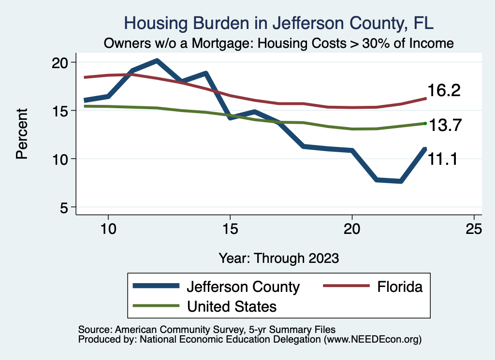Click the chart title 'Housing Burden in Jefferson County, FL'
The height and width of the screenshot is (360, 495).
click(279, 23)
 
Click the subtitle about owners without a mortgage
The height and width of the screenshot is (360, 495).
click(279, 43)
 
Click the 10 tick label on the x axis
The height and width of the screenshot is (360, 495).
click(108, 230)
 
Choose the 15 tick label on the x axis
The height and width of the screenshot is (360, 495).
click(230, 230)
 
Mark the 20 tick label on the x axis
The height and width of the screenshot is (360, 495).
click(352, 230)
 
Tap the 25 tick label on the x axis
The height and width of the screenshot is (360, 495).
click(474, 230)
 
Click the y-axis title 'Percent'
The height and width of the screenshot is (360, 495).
click(22, 134)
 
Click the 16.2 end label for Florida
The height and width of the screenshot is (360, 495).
click(443, 91)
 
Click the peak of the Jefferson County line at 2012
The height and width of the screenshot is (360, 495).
click(157, 60)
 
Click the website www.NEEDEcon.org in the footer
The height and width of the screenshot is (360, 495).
click(373, 340)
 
